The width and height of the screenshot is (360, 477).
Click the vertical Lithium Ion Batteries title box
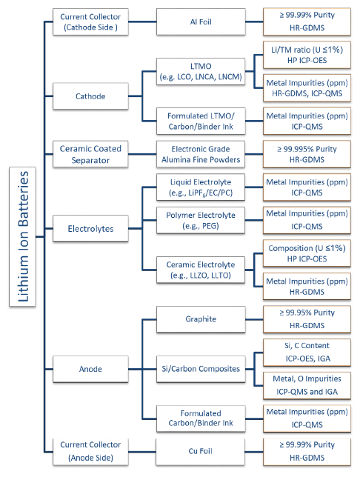click(22, 236)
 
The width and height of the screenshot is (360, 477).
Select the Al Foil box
click(201, 22)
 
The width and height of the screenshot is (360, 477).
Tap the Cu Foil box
click(200, 452)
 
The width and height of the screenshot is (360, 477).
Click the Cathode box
click(90, 96)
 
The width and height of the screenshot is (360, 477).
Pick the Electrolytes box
click(90, 228)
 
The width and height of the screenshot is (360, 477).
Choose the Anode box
click(90, 369)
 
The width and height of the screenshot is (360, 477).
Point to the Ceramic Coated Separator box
click(90, 154)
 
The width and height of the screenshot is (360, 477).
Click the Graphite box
click(201, 319)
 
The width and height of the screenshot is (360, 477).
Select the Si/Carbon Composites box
click(201, 369)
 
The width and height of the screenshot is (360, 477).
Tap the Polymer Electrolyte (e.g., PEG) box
click(201, 220)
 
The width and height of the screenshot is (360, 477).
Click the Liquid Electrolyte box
click(201, 187)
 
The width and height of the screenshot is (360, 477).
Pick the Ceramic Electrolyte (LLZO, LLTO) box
click(201, 270)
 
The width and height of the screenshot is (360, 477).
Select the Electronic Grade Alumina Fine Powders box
click(201, 154)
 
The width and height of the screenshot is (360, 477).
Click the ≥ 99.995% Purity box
click(307, 154)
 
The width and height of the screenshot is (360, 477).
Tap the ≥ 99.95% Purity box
click(307, 319)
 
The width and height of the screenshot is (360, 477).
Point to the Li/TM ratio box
click(307, 55)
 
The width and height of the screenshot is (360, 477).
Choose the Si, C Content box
click(307, 353)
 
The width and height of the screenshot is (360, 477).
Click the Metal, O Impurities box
click(307, 385)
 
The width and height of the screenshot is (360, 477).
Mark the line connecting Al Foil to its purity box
click(254, 22)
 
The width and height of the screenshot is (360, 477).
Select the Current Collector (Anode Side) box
click(90, 452)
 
